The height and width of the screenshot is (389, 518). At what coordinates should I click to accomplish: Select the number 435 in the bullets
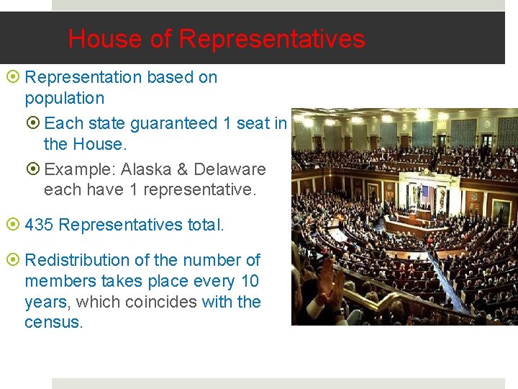pos(39,225)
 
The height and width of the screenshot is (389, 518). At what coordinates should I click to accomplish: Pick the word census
pos(53,322)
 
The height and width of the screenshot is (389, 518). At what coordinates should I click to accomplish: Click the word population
pos(64,98)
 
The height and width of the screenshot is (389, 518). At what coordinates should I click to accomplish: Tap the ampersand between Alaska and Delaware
pos(182,169)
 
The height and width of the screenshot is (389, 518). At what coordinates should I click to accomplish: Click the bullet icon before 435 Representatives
pos(15,225)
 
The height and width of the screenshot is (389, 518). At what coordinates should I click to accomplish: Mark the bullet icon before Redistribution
pos(15,260)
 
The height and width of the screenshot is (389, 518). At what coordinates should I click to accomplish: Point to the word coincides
pos(161,301)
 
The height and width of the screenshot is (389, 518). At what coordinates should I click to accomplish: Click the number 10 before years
pos(249,280)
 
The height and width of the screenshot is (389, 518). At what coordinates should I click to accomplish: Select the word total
pos(205,225)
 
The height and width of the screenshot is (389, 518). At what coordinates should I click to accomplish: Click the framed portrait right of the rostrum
pos(501,210)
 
